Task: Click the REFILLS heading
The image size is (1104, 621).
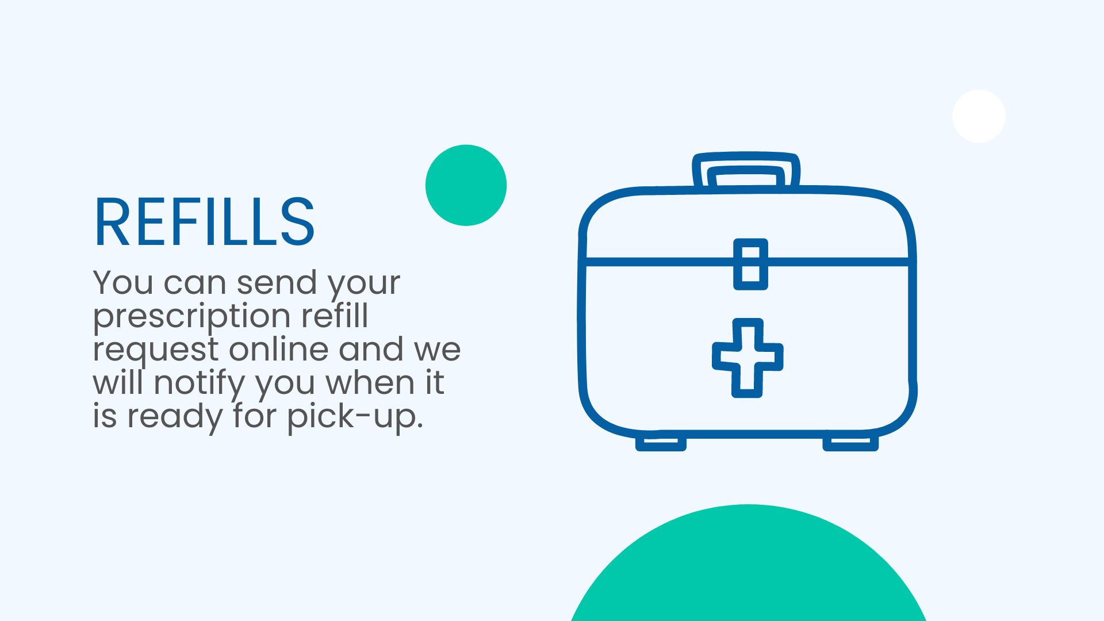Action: click(204, 223)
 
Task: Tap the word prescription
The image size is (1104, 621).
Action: click(191, 317)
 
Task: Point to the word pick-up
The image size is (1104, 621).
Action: click(355, 416)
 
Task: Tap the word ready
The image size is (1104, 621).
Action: click(174, 416)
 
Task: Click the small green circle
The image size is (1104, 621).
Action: click(466, 185)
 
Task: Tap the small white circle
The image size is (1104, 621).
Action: click(979, 116)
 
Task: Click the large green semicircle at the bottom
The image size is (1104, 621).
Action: click(747, 569)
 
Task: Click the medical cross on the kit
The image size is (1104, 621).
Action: click(747, 358)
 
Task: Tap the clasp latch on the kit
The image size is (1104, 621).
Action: click(750, 264)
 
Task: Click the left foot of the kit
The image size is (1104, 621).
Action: click(661, 443)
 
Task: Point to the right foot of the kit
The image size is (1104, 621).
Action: click(850, 443)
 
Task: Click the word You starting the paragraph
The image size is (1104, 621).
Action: click(123, 283)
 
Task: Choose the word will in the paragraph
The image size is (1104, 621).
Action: click(118, 382)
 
